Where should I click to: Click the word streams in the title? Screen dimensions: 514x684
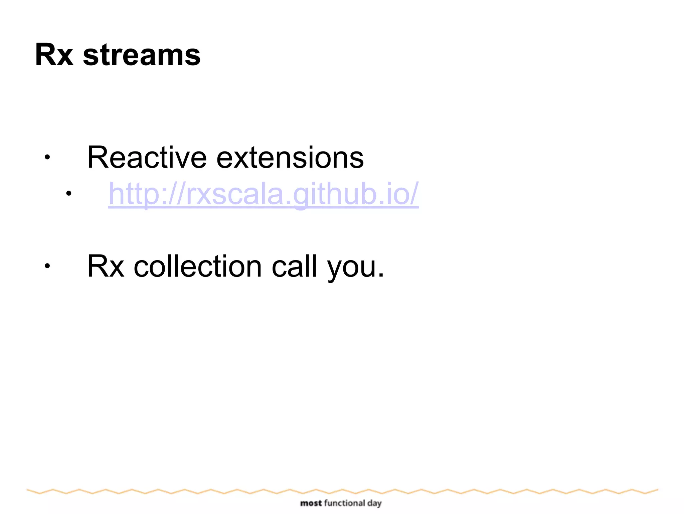pyautogui.click(x=142, y=56)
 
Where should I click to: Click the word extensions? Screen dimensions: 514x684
pyautogui.click(x=290, y=158)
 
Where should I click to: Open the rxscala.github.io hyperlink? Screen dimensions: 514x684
pyautogui.click(x=263, y=194)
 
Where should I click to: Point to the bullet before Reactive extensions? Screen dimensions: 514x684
pyautogui.click(x=47, y=157)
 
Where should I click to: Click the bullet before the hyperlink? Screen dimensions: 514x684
pyautogui.click(x=69, y=193)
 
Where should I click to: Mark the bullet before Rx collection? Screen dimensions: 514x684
pyautogui.click(x=47, y=266)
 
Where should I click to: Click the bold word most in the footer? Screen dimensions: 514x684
pyautogui.click(x=311, y=503)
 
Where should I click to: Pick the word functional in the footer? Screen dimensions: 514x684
pyautogui.click(x=344, y=503)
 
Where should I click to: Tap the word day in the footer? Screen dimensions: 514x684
pyautogui.click(x=374, y=504)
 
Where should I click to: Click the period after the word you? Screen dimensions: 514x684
pyautogui.click(x=381, y=276)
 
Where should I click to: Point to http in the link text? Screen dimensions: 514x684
pyautogui.click(x=134, y=194)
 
